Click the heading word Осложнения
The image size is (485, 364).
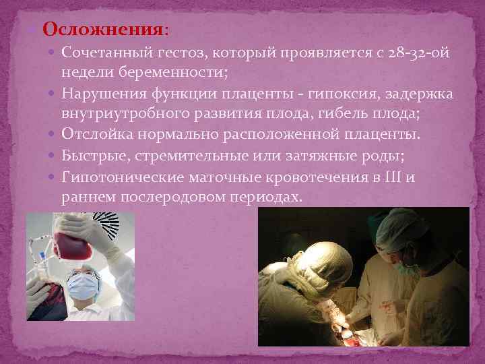point(102,30)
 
